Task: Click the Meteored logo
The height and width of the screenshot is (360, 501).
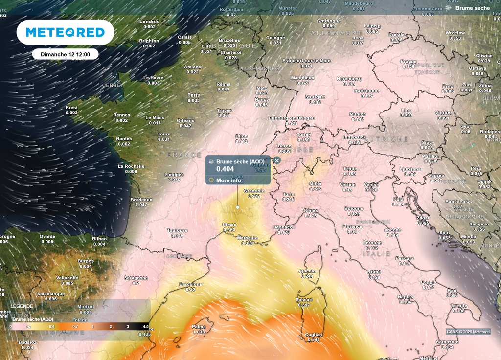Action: (x=65, y=32)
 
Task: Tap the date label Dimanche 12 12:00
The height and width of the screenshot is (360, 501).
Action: (x=66, y=54)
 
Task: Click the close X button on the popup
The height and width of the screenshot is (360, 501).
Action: (x=277, y=160)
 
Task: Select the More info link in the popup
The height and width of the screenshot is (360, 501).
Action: (x=228, y=180)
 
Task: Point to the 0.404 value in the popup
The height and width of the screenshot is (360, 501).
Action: (x=225, y=169)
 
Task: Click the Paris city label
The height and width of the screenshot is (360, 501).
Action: (x=194, y=95)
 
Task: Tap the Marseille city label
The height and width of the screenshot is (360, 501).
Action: (x=247, y=238)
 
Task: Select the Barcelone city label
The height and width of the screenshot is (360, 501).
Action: (x=191, y=284)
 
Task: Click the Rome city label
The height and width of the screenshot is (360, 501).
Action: (x=374, y=272)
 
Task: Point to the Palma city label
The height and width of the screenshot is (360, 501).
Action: (x=199, y=327)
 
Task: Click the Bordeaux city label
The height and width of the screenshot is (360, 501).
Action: (x=141, y=200)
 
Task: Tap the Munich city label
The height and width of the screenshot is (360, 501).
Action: (x=358, y=114)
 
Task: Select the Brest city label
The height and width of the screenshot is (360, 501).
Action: (x=71, y=108)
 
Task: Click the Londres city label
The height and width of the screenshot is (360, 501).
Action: (x=149, y=22)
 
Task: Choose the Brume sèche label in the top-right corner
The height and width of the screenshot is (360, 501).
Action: (x=472, y=8)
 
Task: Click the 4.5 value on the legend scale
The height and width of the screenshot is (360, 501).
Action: (x=145, y=326)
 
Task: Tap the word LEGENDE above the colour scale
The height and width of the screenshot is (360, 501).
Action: (x=22, y=305)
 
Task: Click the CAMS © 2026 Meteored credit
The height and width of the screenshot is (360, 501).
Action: (x=468, y=332)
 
